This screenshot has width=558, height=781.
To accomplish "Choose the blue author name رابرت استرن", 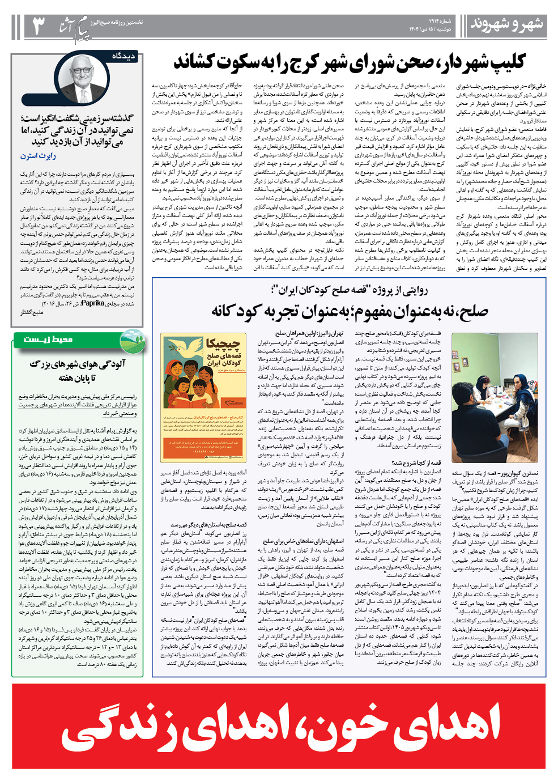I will (x=39, y=156).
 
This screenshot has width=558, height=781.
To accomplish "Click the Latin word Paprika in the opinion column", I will (x=92, y=303).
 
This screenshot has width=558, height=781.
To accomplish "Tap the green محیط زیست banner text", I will (x=48, y=339).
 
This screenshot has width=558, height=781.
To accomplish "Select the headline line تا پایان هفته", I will (x=78, y=378).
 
